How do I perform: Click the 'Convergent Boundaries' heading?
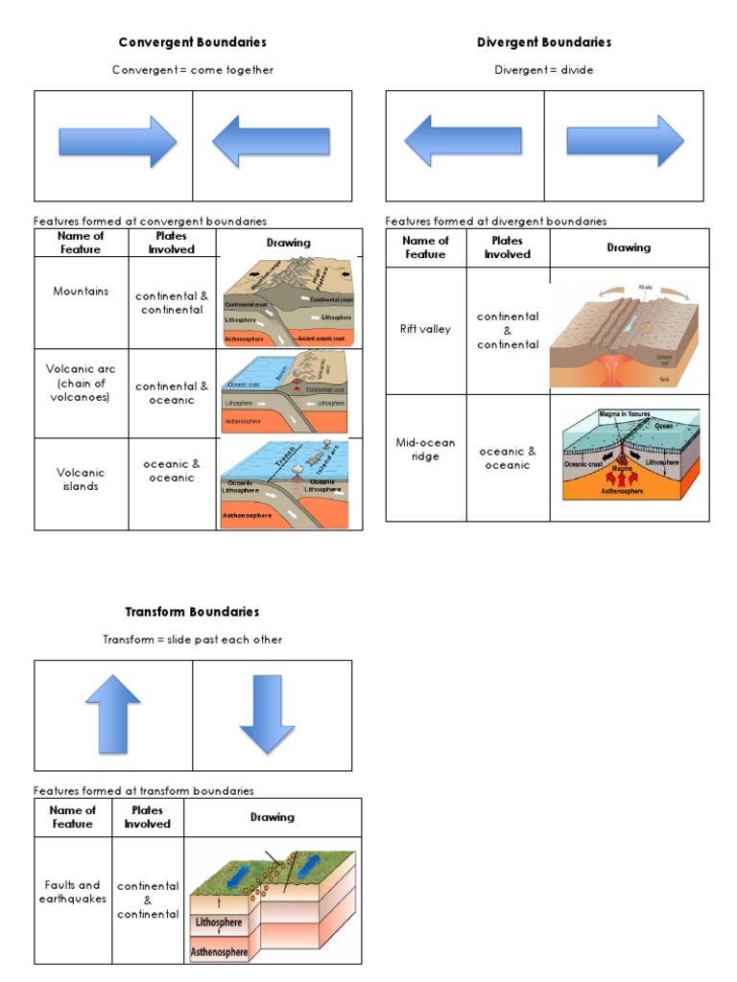192,42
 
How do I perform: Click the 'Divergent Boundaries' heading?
544,42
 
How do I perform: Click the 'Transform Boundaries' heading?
192,612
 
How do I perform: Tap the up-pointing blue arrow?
113,714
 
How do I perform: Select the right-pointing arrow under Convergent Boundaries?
118,142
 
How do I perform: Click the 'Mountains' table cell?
81,292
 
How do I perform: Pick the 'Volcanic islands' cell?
81,479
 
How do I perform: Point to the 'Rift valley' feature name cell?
425,329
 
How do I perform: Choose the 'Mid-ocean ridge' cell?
425,449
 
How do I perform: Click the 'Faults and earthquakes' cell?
73,892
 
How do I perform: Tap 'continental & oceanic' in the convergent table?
172,393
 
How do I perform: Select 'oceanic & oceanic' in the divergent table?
508,457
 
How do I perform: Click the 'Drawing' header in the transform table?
273,817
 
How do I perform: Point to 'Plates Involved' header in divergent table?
508,247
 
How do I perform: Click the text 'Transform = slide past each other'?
192,640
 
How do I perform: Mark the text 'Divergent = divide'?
544,70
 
